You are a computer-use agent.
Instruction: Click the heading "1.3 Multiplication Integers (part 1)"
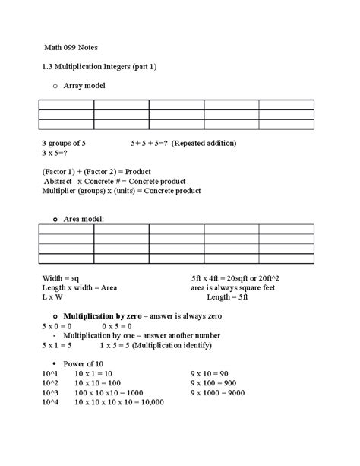(x=99, y=67)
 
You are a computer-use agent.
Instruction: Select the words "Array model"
(x=85, y=87)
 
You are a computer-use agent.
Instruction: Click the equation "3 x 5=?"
(x=57, y=153)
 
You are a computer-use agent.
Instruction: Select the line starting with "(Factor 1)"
(x=96, y=173)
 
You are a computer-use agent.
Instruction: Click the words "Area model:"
(x=84, y=219)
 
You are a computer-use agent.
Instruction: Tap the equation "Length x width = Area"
(x=79, y=288)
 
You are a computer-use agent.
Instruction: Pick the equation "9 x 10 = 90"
(x=216, y=373)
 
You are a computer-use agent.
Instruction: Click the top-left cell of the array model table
(x=66, y=104)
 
